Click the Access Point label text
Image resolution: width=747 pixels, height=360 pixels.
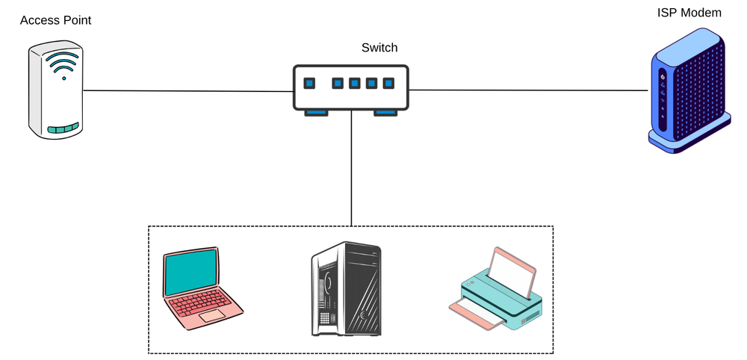tap(55, 20)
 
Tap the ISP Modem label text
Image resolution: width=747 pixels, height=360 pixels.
tap(689, 13)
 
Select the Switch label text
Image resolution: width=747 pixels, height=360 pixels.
tap(379, 48)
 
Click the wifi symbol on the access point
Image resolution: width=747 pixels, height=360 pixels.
tap(63, 66)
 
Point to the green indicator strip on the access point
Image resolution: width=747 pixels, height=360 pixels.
tap(63, 128)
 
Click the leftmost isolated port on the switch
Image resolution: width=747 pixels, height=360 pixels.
tap(309, 83)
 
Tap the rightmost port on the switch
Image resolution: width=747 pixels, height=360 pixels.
tap(388, 83)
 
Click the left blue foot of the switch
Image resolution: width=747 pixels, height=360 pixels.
tap(315, 112)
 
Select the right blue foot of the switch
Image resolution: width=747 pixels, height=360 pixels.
tap(386, 112)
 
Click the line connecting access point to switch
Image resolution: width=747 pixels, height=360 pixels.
tap(187, 91)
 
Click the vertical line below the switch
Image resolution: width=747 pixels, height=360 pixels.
tap(351, 172)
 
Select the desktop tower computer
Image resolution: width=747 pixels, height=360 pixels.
tap(346, 288)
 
